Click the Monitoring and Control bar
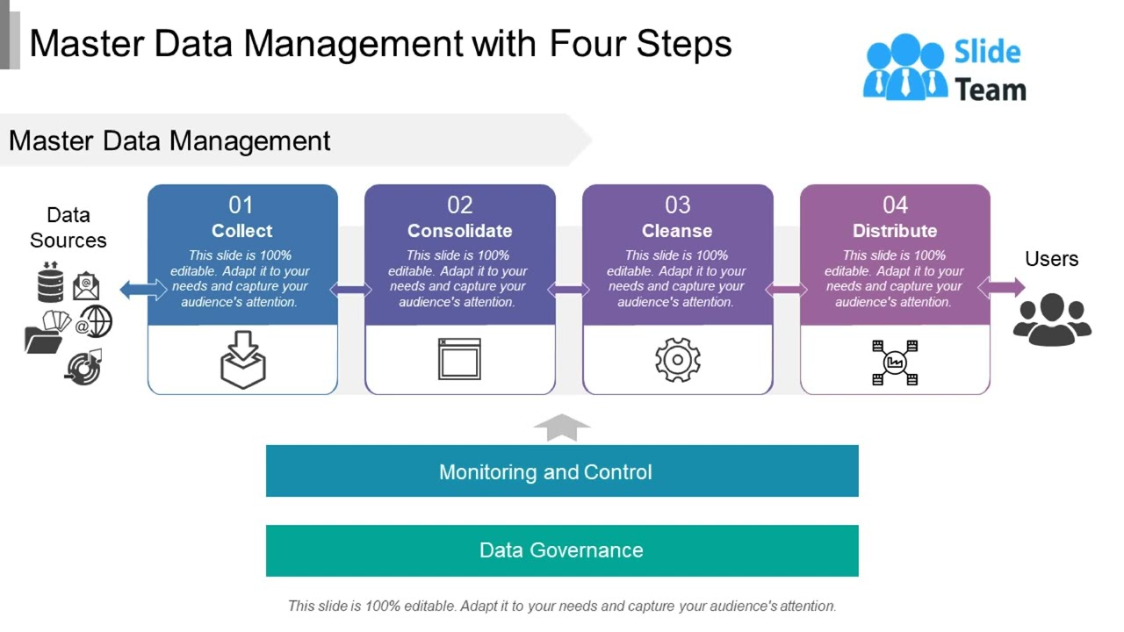click(x=562, y=471)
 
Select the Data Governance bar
click(x=562, y=550)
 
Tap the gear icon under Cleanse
click(x=677, y=360)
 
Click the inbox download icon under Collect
click(x=242, y=360)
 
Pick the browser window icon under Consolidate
click(x=459, y=359)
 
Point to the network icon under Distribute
click(x=895, y=362)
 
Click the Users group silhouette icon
click(x=1051, y=319)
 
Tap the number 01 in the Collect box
click(x=241, y=205)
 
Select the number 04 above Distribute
click(x=895, y=205)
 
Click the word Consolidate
click(x=459, y=231)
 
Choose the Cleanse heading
click(x=677, y=231)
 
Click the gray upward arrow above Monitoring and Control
click(x=562, y=427)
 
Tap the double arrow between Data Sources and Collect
click(x=143, y=289)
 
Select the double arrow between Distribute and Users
click(x=1001, y=287)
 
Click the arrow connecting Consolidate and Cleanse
click(x=569, y=290)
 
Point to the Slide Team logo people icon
click(x=904, y=67)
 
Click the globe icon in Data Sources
click(x=96, y=321)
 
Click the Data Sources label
click(x=68, y=227)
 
